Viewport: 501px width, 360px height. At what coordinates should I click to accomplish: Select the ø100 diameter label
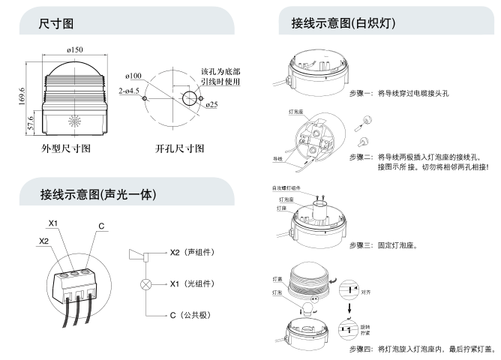[x=135, y=76]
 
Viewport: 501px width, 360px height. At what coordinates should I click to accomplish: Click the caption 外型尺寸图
[x=66, y=148]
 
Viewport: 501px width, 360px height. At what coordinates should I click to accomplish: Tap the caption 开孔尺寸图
[x=178, y=148]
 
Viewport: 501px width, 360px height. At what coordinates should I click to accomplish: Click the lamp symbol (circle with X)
[x=145, y=285]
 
